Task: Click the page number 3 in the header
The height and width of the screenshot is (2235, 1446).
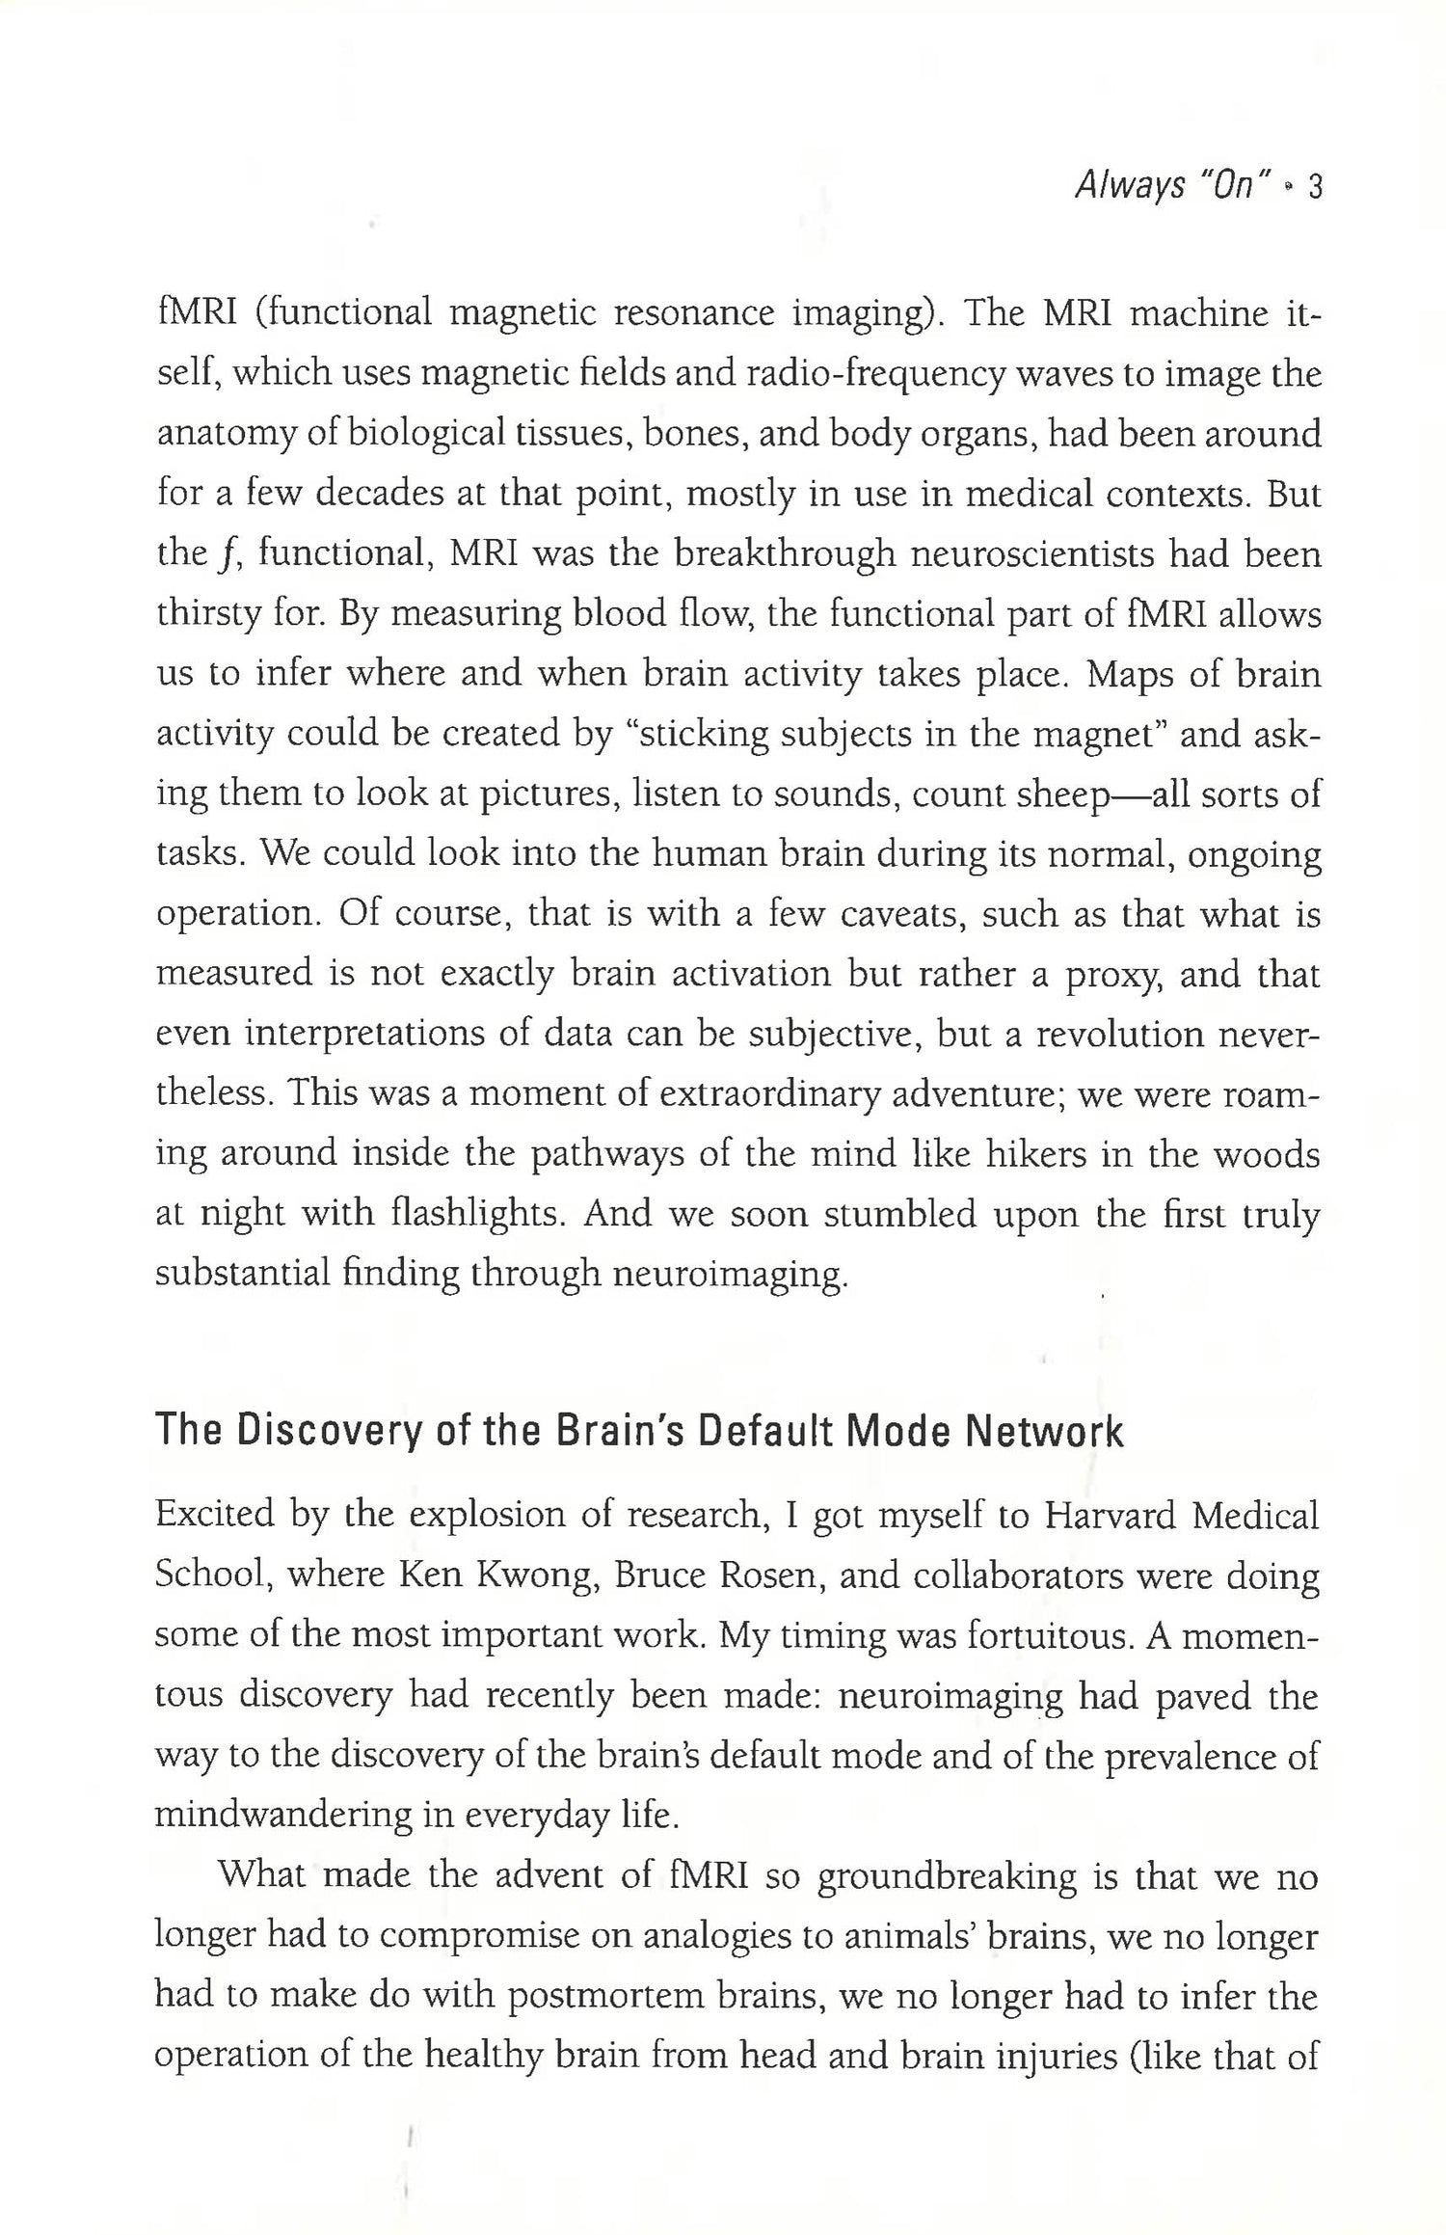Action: (1313, 187)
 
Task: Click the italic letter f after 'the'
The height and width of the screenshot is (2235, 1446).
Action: (228, 556)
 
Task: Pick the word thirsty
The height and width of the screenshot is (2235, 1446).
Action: (208, 615)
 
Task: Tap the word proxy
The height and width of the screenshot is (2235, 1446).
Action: (1109, 976)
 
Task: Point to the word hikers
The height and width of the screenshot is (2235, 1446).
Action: (1035, 1154)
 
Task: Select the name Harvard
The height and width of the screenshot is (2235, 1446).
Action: (1110, 1517)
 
